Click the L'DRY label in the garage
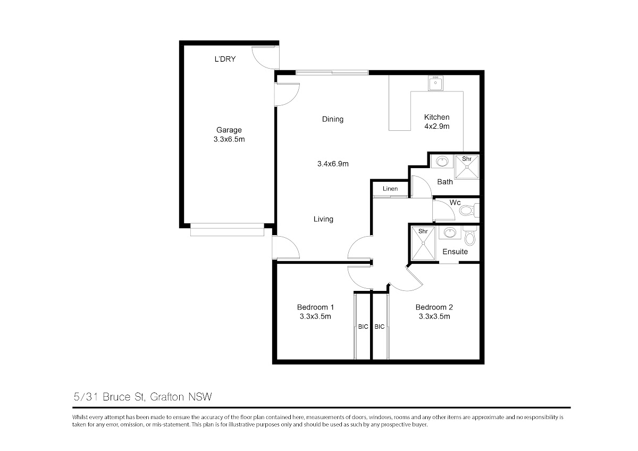pyautogui.click(x=225, y=59)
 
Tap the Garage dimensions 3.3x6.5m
pyautogui.click(x=229, y=139)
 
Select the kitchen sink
pyautogui.click(x=435, y=83)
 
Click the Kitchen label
pyautogui.click(x=436, y=117)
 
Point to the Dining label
pyautogui.click(x=333, y=119)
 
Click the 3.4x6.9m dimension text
pyautogui.click(x=333, y=164)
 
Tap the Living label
pyautogui.click(x=323, y=219)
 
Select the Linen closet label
pyautogui.click(x=390, y=189)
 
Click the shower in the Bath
pyautogui.click(x=467, y=167)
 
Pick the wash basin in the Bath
pyautogui.click(x=442, y=162)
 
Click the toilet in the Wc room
pyautogui.click(x=469, y=211)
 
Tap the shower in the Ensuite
pyautogui.click(x=423, y=243)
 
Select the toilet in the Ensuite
pyautogui.click(x=470, y=236)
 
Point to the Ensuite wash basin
pyautogui.click(x=450, y=232)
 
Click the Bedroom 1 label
pyautogui.click(x=315, y=307)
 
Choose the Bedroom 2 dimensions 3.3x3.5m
pyautogui.click(x=434, y=316)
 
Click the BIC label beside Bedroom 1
pyautogui.click(x=363, y=327)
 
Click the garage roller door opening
pyautogui.click(x=228, y=230)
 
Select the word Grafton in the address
pyautogui.click(x=167, y=397)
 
